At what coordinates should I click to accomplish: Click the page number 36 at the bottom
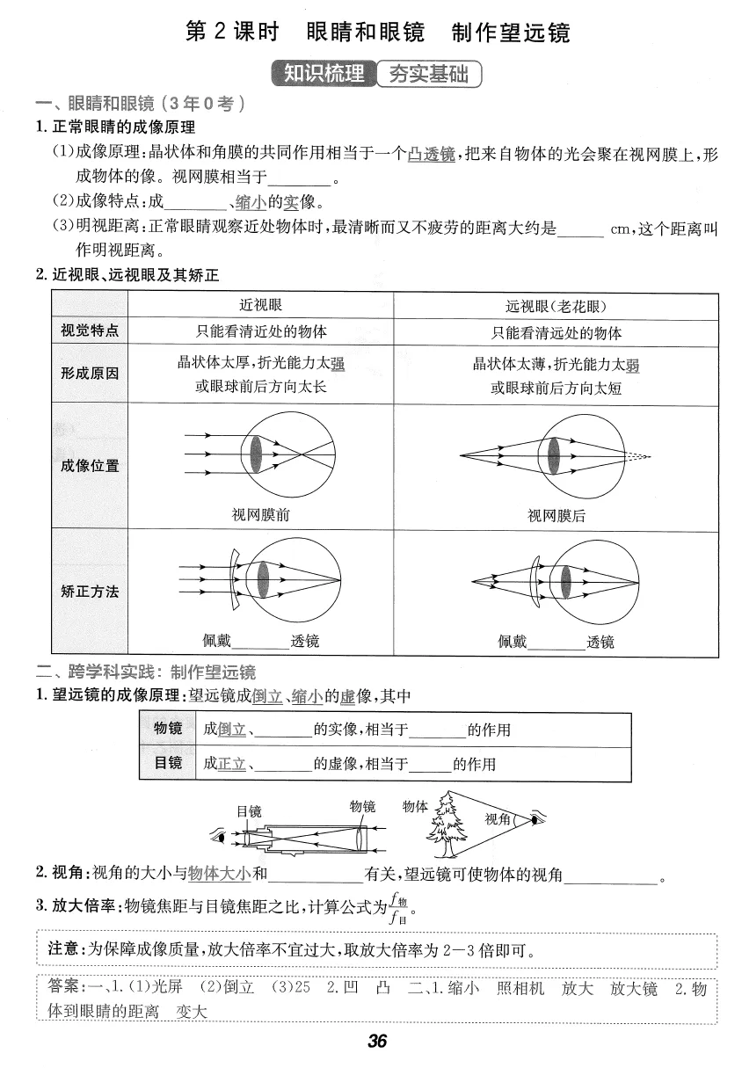[377, 1041]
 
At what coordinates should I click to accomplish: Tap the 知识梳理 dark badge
[324, 73]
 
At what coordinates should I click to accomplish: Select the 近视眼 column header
[261, 305]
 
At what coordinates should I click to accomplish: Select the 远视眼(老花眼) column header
[556, 306]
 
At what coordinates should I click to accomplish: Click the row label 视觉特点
[90, 331]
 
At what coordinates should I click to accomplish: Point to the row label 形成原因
[90, 373]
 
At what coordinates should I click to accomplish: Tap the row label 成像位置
[90, 465]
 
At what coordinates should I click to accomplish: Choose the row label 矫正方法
[90, 591]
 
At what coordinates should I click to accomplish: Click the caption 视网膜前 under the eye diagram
[261, 515]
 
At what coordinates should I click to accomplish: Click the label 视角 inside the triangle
[498, 819]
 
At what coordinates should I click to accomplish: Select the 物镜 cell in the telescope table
[168, 729]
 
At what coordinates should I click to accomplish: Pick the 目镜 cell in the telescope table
[168, 763]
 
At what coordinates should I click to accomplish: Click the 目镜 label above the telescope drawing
[249, 811]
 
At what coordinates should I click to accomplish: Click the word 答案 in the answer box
[66, 988]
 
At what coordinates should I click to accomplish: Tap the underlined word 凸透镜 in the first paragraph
[432, 155]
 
